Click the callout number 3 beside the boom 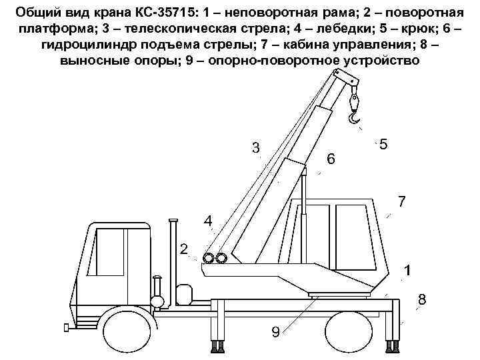(255, 147)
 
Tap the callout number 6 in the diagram (331, 159)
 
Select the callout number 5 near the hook (383, 144)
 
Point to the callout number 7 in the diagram (401, 200)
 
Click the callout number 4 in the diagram (208, 221)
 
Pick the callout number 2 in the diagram (183, 250)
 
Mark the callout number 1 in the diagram (407, 271)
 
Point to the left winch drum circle (209, 259)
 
